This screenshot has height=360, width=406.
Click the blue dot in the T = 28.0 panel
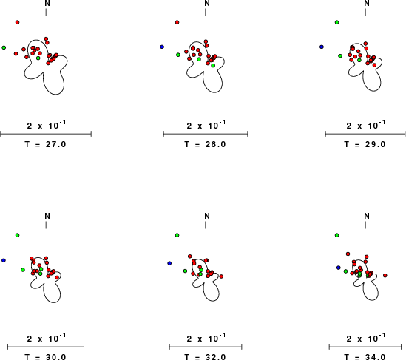pos(162,47)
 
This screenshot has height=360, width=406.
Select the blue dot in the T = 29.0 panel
pos(322,47)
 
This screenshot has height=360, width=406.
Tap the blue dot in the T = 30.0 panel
pos(4,260)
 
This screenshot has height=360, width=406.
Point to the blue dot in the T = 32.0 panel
pos(169,263)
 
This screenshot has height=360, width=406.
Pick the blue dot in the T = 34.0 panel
pos(339,268)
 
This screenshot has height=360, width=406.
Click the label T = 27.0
pos(46,144)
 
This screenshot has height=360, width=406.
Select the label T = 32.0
pos(206,357)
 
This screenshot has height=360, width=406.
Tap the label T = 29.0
pos(365,144)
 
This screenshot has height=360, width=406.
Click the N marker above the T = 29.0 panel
pos(367,3)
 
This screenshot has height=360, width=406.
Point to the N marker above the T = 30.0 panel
pos(47,216)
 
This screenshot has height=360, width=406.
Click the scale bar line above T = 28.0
pos(206,134)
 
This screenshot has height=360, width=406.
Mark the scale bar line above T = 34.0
pos(365,347)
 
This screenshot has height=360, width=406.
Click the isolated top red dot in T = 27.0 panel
pos(17,22)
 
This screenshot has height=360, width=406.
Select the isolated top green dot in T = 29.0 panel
pos(337,22)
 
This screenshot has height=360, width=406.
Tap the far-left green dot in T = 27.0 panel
pos(4,47)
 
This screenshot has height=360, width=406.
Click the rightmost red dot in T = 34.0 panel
pos(385,276)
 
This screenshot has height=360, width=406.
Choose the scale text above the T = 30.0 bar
pos(47,338)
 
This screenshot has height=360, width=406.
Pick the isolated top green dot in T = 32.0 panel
pos(177,235)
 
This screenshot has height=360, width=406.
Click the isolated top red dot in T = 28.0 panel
pos(177,22)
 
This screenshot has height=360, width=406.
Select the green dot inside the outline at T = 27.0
pos(38,58)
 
